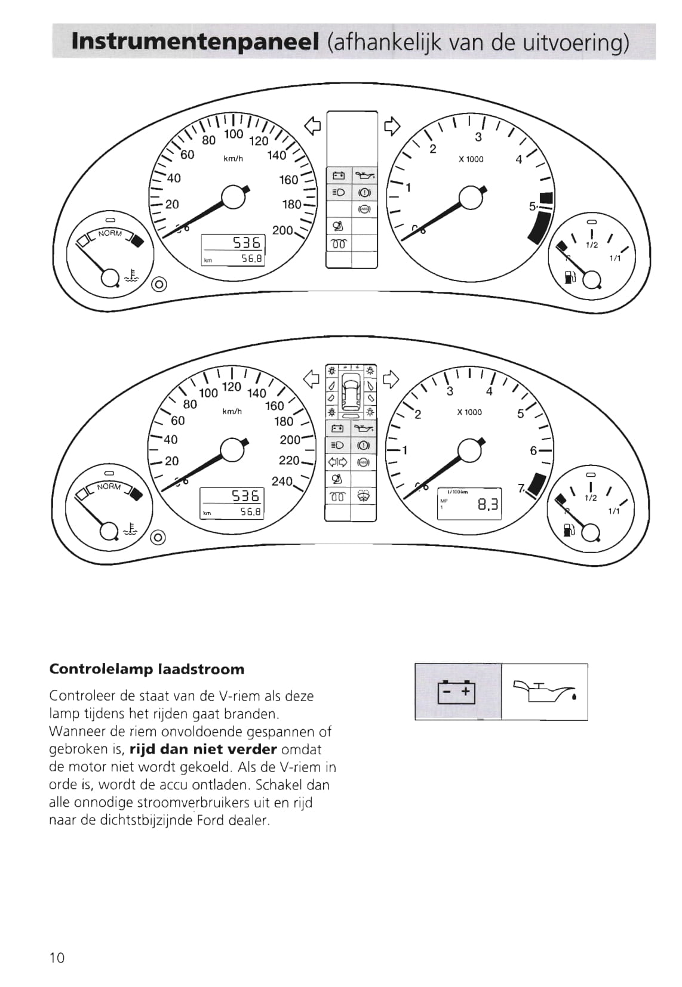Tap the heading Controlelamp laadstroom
click(146, 669)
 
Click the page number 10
click(57, 958)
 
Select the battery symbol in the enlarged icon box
click(457, 692)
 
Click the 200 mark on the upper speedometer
click(282, 230)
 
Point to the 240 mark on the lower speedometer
click(282, 481)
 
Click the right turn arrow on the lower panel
click(391, 378)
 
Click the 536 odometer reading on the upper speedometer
click(247, 242)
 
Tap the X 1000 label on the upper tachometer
click(471, 159)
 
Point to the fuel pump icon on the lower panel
click(568, 529)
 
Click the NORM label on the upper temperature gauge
click(110, 233)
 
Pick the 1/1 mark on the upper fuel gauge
click(615, 258)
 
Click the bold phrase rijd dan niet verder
click(203, 749)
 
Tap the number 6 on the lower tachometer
click(533, 451)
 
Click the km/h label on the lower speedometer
click(232, 412)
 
